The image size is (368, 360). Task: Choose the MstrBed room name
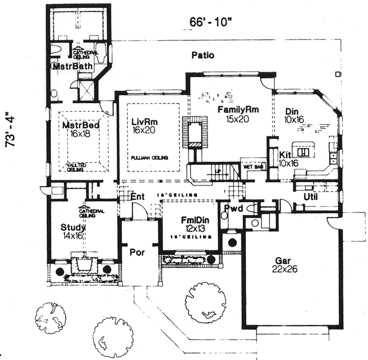pos(80,125)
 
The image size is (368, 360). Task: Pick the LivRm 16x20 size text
pos(143,130)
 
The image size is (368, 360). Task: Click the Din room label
pos(291,111)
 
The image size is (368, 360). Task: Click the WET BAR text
pos(251,166)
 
